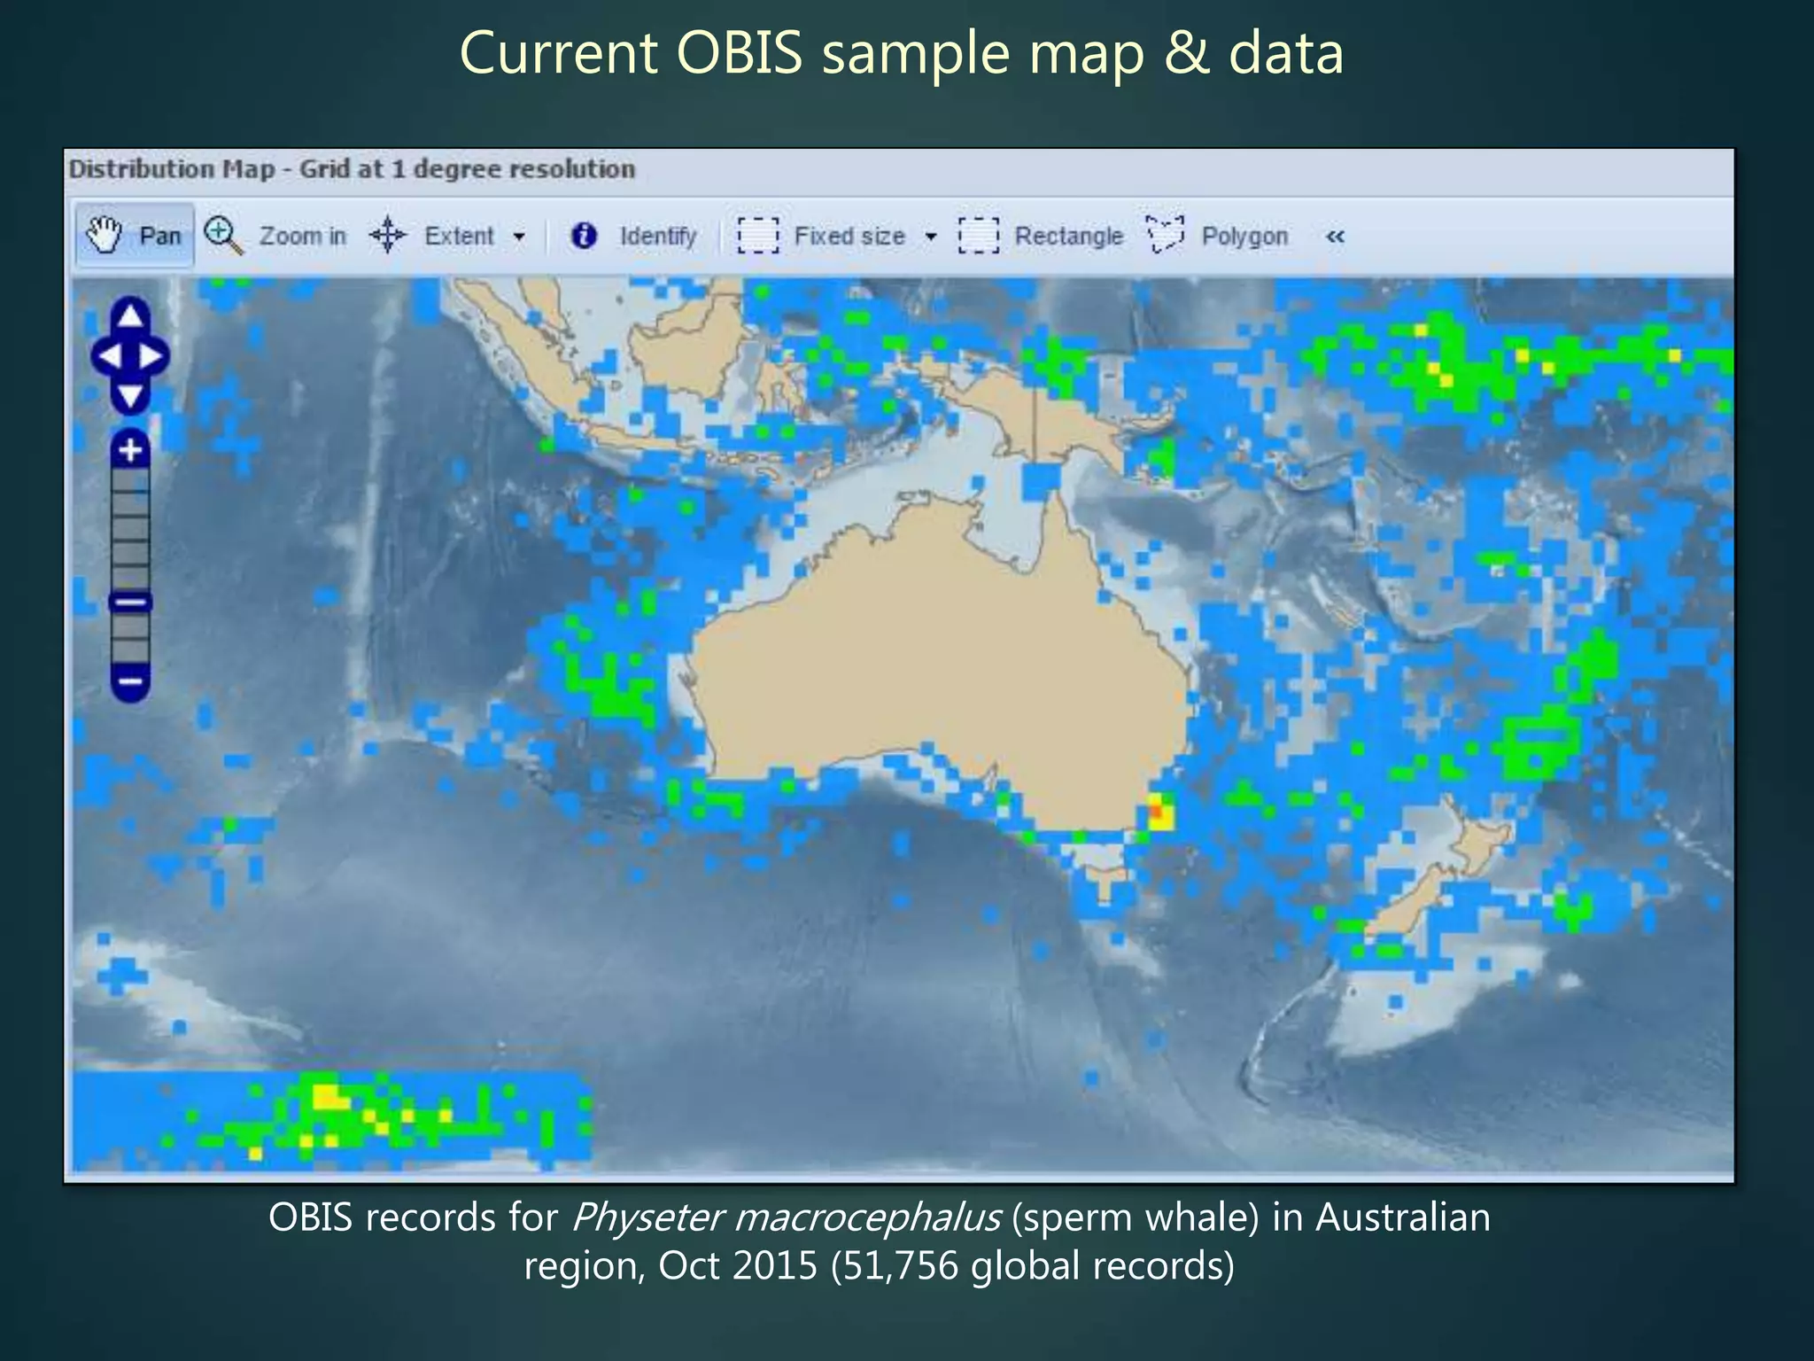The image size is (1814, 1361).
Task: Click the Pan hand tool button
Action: click(x=134, y=236)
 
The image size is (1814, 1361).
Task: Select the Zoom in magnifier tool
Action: click(x=275, y=236)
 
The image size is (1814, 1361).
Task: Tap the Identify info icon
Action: click(x=584, y=236)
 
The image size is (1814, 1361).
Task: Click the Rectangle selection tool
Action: click(x=1042, y=236)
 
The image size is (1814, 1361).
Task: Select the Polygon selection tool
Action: click(x=1218, y=236)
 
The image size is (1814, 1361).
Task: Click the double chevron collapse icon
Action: click(x=1335, y=237)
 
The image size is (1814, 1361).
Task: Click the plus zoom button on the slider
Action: click(x=130, y=450)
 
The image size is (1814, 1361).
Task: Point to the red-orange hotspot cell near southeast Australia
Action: click(x=1156, y=811)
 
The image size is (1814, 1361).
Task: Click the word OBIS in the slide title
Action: click(x=739, y=53)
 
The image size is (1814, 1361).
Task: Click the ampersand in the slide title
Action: click(x=1186, y=53)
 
